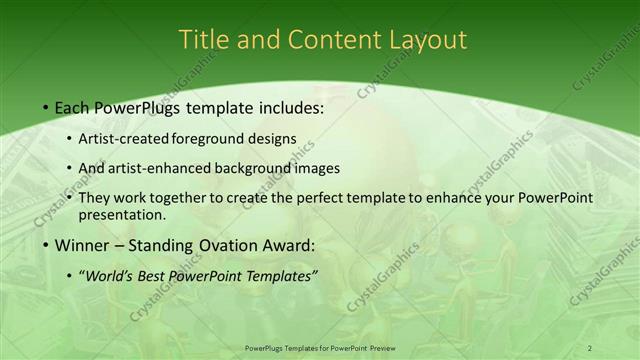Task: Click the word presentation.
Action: [121, 214]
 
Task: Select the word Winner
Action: [82, 245]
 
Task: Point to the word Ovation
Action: [224, 245]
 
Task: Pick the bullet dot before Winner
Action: [46, 245]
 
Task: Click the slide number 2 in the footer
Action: [589, 347]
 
